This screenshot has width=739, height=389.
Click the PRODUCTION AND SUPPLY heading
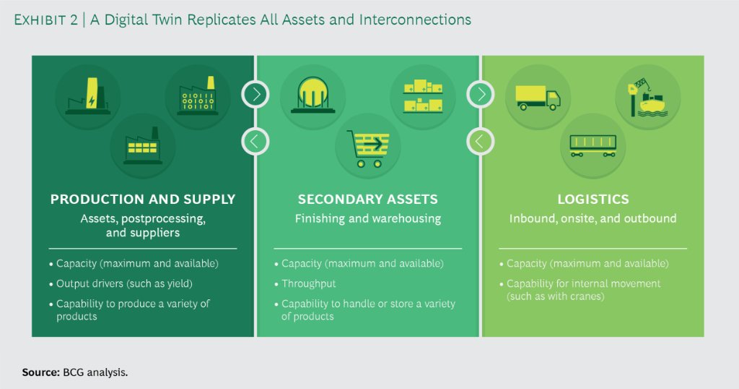[x=143, y=200]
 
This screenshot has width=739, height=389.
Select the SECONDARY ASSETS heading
[x=367, y=200]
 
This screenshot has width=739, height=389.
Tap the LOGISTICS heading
[x=593, y=200]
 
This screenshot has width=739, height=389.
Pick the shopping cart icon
[x=368, y=147]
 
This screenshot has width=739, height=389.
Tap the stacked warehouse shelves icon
[x=423, y=97]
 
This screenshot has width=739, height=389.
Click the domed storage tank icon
[x=313, y=97]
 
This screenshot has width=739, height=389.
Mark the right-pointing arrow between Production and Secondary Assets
[x=255, y=94]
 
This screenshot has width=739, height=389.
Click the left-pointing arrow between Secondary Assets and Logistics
[x=480, y=140]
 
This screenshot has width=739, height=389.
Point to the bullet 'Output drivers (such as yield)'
[x=124, y=283]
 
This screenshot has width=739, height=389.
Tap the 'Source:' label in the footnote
[x=40, y=372]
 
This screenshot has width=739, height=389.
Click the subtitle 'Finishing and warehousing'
[x=367, y=218]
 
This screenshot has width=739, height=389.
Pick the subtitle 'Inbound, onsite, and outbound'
[x=593, y=218]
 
